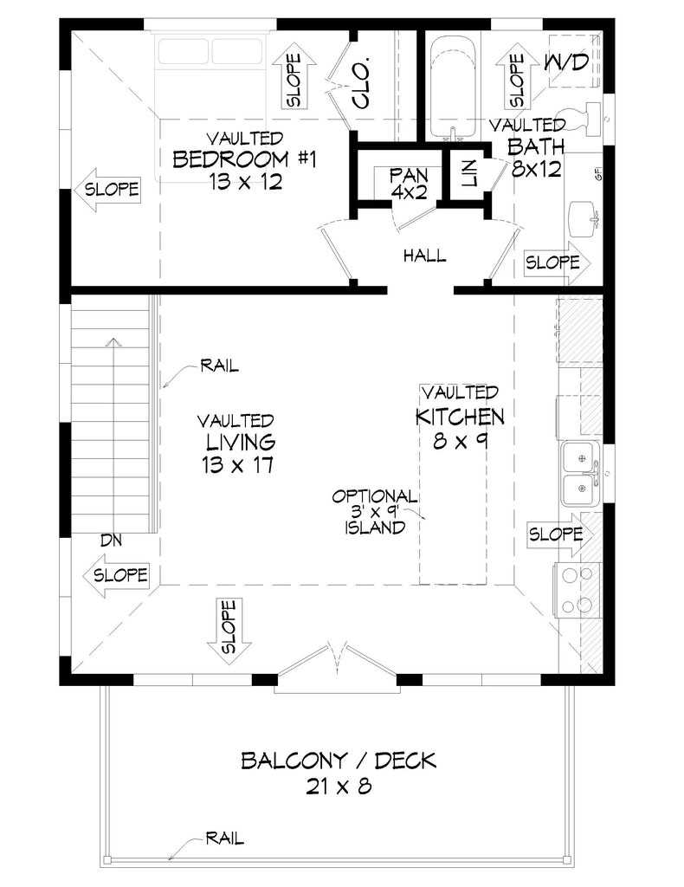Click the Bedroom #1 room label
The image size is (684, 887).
[235, 160]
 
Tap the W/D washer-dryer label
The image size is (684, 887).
[567, 62]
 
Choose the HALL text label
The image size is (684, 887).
[424, 256]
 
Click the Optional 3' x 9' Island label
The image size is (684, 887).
[375, 511]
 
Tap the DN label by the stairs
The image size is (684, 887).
[110, 540]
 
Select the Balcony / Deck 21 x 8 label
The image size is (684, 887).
[339, 773]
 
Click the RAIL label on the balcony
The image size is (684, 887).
[224, 838]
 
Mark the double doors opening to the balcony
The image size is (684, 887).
[339, 664]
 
